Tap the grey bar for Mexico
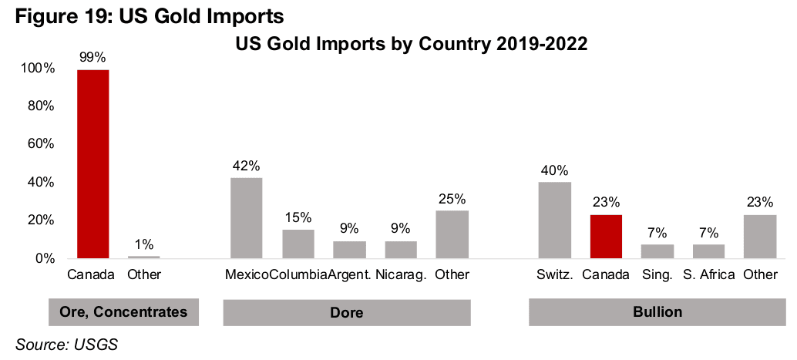[x=247, y=218]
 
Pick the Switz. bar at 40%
[x=554, y=220]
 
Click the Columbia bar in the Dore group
[x=298, y=244]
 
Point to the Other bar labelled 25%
[x=452, y=234]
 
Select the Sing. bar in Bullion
[x=657, y=251]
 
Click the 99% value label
[x=92, y=56]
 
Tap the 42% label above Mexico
[x=247, y=165]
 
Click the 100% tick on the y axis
[x=38, y=69]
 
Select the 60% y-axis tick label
[x=41, y=144]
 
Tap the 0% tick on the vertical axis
[x=45, y=258]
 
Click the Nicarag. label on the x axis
[x=400, y=275]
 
